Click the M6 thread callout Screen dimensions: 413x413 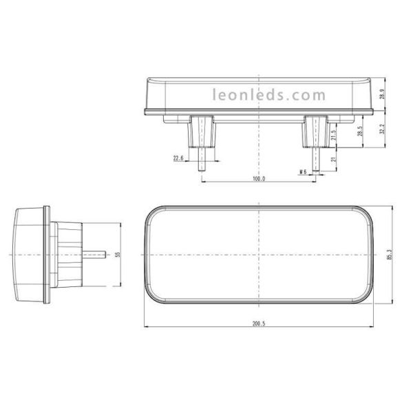point(301,171)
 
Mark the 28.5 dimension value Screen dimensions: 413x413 point(360,131)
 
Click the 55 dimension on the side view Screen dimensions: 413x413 point(118,255)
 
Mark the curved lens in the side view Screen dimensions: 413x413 point(28,255)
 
